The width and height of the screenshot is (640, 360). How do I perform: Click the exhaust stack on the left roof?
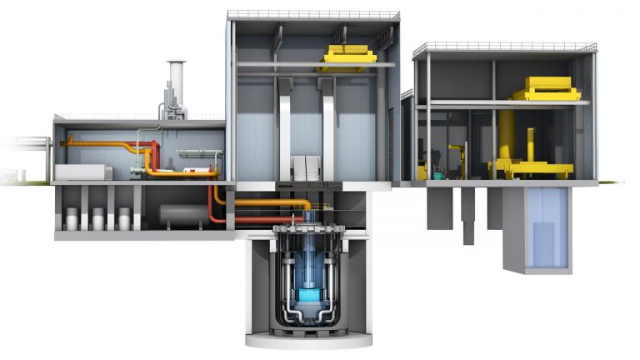point(175,83)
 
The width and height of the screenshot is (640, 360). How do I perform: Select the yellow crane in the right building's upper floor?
point(547,88)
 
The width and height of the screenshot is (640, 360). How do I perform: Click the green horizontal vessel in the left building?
point(198,154)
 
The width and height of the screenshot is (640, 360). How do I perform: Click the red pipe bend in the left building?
point(154,153)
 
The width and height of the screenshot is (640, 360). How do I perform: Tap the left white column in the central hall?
point(285,125)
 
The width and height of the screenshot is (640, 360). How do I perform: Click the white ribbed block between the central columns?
point(307,165)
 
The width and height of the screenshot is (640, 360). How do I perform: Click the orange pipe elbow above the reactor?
point(307,205)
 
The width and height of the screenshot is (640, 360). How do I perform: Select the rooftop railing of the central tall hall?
point(312,15)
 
